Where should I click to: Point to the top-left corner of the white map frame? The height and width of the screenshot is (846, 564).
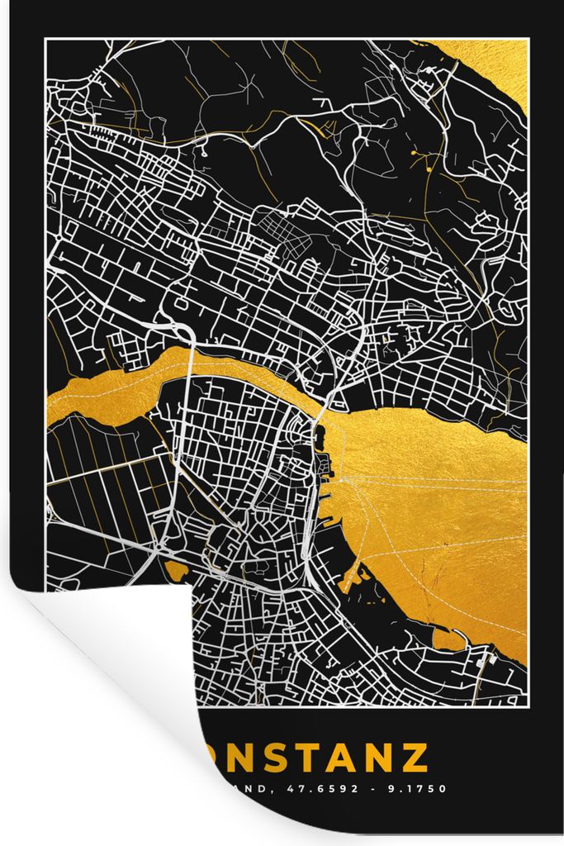point(46,39)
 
